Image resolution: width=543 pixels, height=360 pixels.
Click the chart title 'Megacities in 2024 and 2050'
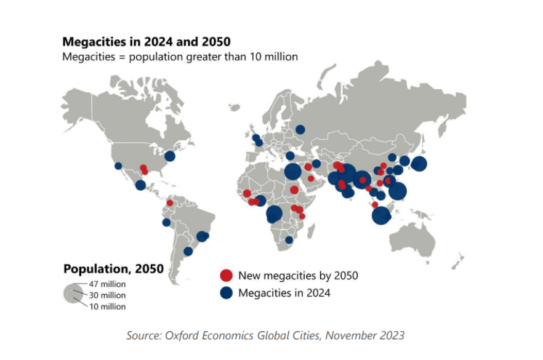(147, 42)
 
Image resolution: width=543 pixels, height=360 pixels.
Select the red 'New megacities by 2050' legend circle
(226, 276)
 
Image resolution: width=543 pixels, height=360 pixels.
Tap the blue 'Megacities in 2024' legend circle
(226, 293)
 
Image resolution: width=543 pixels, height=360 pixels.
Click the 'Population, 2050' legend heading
(114, 269)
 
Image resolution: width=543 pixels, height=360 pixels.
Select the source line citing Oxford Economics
(265, 335)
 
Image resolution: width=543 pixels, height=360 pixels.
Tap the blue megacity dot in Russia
(300, 130)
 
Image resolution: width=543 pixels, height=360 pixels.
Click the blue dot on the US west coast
(118, 166)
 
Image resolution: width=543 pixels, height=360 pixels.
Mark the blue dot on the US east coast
(170, 156)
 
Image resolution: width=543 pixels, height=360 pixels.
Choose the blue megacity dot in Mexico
(140, 185)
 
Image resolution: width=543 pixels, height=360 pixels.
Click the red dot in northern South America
(169, 203)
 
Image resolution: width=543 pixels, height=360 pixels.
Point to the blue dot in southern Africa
(289, 240)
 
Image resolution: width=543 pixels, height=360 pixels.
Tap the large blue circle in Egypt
(293, 171)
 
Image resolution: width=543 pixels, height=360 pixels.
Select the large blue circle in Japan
(419, 164)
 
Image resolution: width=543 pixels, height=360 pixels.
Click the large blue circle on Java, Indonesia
(381, 215)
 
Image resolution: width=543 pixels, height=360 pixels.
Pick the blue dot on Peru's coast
(166, 223)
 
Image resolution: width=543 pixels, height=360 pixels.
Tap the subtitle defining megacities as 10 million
(180, 57)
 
